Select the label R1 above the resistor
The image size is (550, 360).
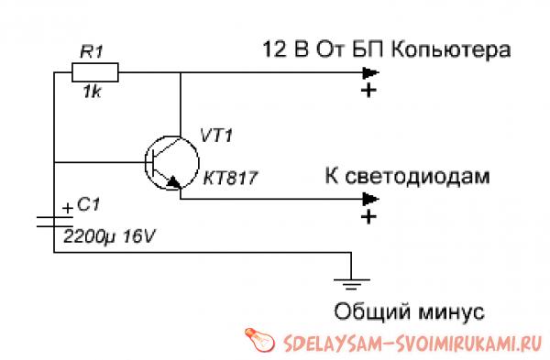click(93, 51)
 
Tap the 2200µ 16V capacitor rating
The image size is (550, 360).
click(109, 235)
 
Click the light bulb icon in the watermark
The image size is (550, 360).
click(258, 339)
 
